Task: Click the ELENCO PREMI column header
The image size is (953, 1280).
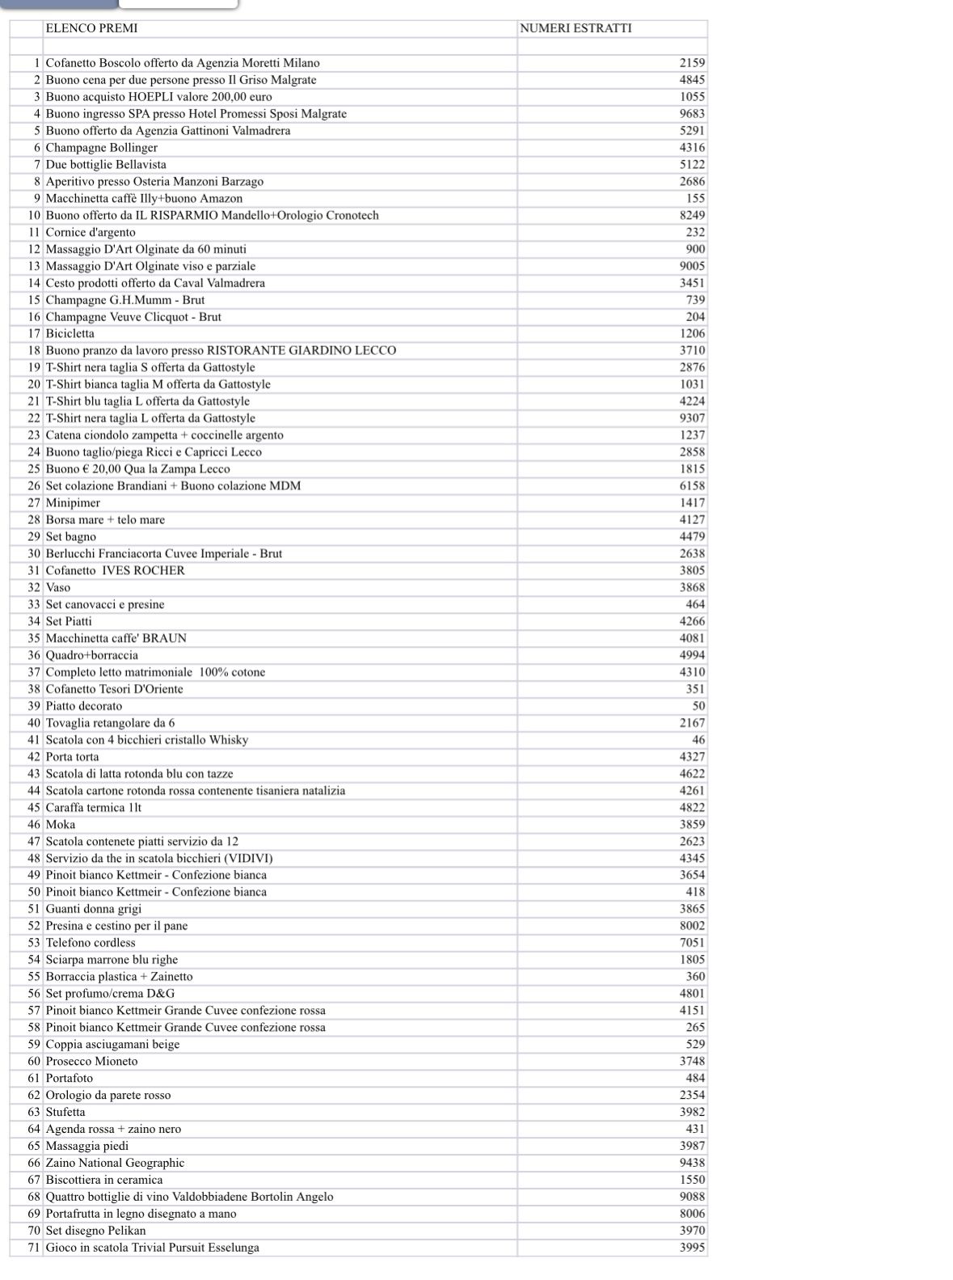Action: coord(91,28)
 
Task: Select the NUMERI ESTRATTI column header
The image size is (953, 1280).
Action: coord(576,28)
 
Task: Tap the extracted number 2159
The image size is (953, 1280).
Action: coord(692,63)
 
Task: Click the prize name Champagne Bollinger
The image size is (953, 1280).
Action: coord(101,148)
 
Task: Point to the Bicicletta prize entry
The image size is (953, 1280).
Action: coord(70,334)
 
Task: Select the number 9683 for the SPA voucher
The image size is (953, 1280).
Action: coord(692,114)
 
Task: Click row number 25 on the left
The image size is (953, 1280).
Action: coord(34,469)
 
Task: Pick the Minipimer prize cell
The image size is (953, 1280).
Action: coord(73,503)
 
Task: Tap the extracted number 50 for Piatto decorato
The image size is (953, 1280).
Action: coord(698,706)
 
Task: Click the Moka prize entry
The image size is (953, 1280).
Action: coord(61,825)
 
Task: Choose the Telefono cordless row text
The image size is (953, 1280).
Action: coord(91,943)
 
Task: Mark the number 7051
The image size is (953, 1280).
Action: coord(692,943)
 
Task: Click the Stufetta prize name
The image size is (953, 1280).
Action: coord(65,1113)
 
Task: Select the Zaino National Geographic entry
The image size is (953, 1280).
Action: coord(115,1163)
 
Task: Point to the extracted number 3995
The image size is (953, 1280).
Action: coord(692,1248)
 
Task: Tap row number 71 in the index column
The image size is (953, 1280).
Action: coord(34,1248)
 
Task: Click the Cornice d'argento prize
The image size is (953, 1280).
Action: coord(91,233)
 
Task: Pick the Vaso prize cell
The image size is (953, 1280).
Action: coord(58,588)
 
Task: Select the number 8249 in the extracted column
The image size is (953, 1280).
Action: coord(692,216)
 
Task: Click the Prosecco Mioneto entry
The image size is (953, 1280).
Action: coord(91,1062)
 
